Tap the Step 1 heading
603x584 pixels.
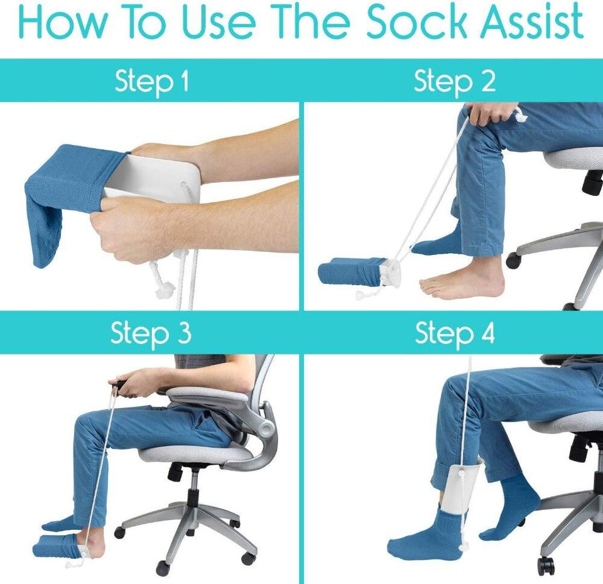tap(151, 81)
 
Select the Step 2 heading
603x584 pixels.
tap(454, 81)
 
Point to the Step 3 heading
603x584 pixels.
tap(151, 333)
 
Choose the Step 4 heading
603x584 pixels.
tap(454, 333)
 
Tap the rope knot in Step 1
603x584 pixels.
tap(162, 288)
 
